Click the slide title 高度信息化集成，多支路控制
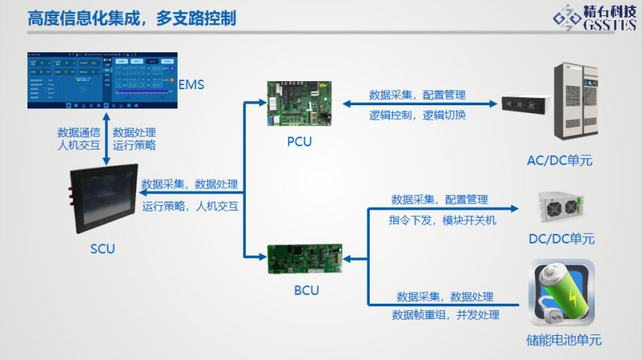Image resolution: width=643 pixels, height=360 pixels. click(132, 18)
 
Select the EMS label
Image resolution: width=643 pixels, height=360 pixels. click(192, 84)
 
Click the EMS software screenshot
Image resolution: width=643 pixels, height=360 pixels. click(100, 81)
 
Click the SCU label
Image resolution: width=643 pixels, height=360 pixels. click(102, 249)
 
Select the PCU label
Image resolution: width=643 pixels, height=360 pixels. click(299, 142)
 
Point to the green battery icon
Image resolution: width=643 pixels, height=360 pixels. click(561, 292)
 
